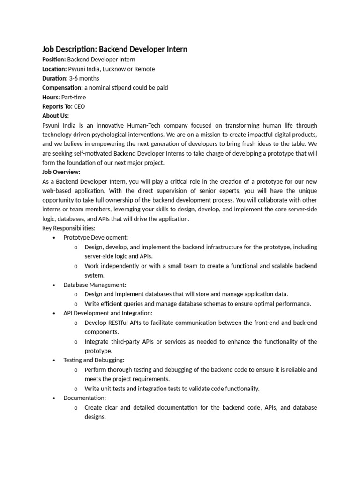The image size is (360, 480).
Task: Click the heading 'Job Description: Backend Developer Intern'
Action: click(115, 49)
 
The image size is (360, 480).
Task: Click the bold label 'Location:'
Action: click(54, 69)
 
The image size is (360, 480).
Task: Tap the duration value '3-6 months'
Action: click(84, 78)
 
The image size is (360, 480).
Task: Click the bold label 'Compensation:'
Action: click(62, 88)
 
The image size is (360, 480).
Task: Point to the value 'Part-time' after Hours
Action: click(74, 97)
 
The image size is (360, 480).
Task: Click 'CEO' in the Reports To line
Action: click(79, 106)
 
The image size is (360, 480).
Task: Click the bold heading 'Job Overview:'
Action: click(61, 172)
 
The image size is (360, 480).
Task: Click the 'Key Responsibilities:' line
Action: click(69, 228)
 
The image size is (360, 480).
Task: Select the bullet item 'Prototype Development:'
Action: click(96, 238)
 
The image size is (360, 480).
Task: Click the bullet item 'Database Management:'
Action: click(95, 285)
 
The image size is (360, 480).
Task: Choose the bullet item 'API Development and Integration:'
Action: click(108, 313)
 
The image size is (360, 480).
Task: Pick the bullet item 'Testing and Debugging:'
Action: click(94, 360)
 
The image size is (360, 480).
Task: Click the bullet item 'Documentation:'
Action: click(85, 397)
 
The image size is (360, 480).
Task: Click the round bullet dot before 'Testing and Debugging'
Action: click(54, 360)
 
